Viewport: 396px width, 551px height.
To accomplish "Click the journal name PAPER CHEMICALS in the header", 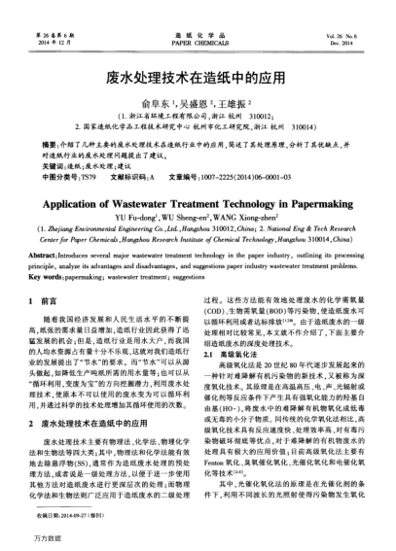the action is pos(197,17).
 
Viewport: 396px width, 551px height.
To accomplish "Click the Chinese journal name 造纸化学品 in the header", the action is pos(198,9).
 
